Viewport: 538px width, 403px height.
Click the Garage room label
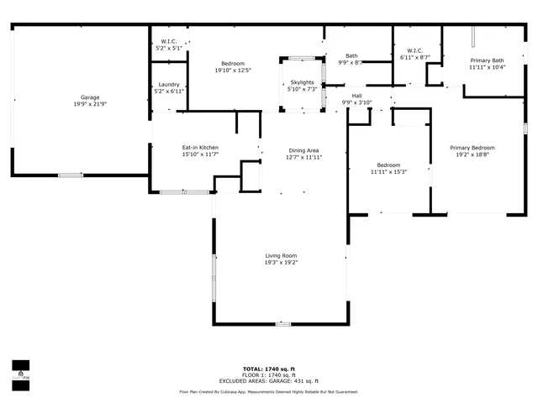pos(84,97)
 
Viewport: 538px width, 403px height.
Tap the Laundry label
pos(168,84)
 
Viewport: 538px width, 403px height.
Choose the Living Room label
pos(281,256)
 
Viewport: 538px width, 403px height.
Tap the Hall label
pos(357,96)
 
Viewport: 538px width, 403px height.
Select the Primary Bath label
pos(487,60)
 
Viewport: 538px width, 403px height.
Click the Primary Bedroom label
pos(477,148)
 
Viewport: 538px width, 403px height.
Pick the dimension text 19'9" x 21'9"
pos(84,103)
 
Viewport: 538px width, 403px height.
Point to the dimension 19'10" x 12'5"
pos(233,70)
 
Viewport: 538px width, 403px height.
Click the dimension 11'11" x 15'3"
pos(388,171)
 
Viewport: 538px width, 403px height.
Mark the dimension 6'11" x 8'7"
pos(414,57)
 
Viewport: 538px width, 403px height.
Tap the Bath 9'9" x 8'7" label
pos(351,60)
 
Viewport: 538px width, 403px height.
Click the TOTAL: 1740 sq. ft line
pos(268,369)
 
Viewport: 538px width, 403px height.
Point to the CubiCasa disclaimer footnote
pos(268,392)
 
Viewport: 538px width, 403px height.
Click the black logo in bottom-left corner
pos(19,370)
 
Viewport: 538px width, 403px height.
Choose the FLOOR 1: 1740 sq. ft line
pos(268,375)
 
